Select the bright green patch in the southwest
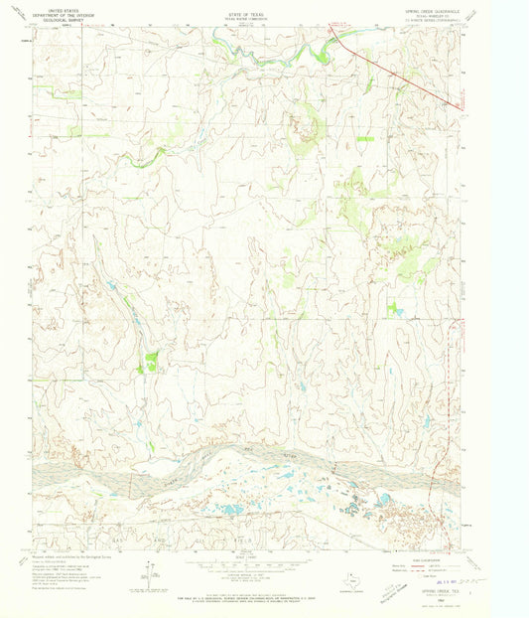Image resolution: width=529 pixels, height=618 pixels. click(151, 362)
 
